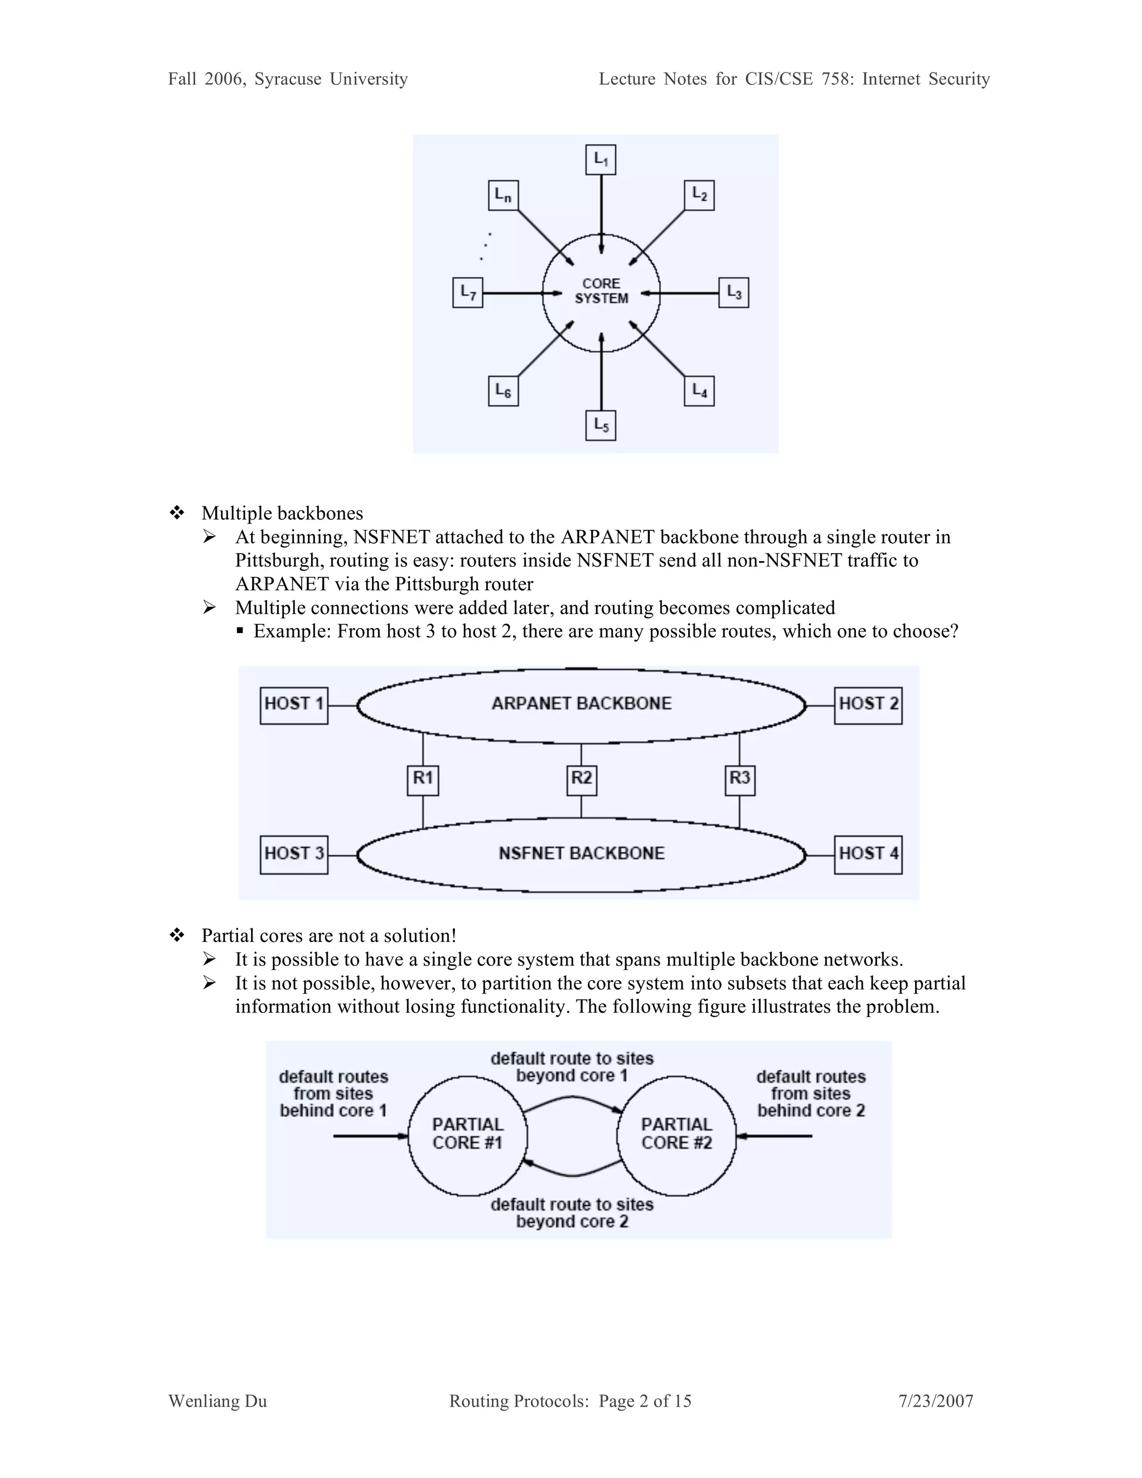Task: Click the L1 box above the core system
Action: tap(601, 160)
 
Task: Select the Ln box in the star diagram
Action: tap(502, 196)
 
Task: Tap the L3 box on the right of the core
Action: tap(733, 292)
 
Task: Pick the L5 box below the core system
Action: tap(601, 425)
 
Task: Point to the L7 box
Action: tap(467, 292)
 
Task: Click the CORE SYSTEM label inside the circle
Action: tap(601, 291)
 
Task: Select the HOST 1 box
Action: tap(294, 705)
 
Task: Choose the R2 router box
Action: tap(581, 780)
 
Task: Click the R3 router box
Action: tap(739, 780)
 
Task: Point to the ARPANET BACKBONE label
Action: tap(581, 704)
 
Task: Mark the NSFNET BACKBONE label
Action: tap(581, 853)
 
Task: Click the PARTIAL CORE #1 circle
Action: tap(467, 1135)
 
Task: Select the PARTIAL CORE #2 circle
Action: tap(676, 1135)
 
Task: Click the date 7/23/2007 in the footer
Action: tap(936, 1401)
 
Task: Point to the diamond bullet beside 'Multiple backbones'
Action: tap(177, 513)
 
